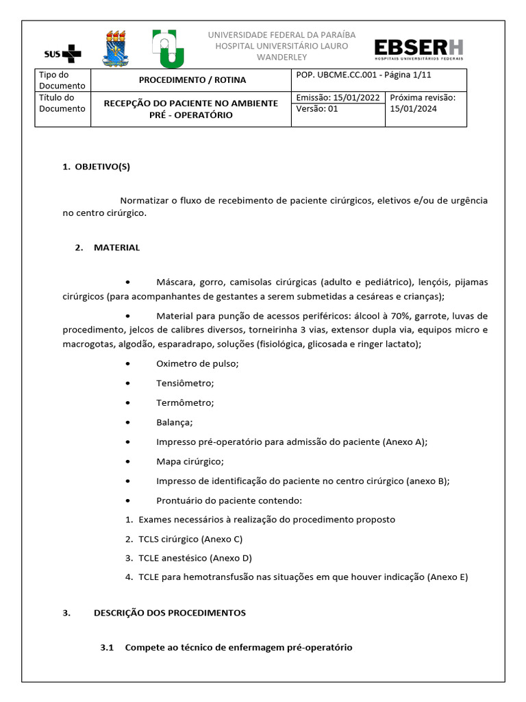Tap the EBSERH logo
[418, 50]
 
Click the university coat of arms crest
[114, 48]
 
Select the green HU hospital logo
[167, 49]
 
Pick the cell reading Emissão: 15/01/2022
[338, 98]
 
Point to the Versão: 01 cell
[318, 109]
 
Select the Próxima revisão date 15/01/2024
[412, 109]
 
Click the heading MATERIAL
[116, 247]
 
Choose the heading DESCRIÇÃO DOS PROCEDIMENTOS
[169, 612]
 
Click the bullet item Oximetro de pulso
[197, 364]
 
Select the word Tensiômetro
[185, 383]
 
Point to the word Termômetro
[185, 402]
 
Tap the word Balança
[174, 422]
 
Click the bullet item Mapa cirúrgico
[190, 461]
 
